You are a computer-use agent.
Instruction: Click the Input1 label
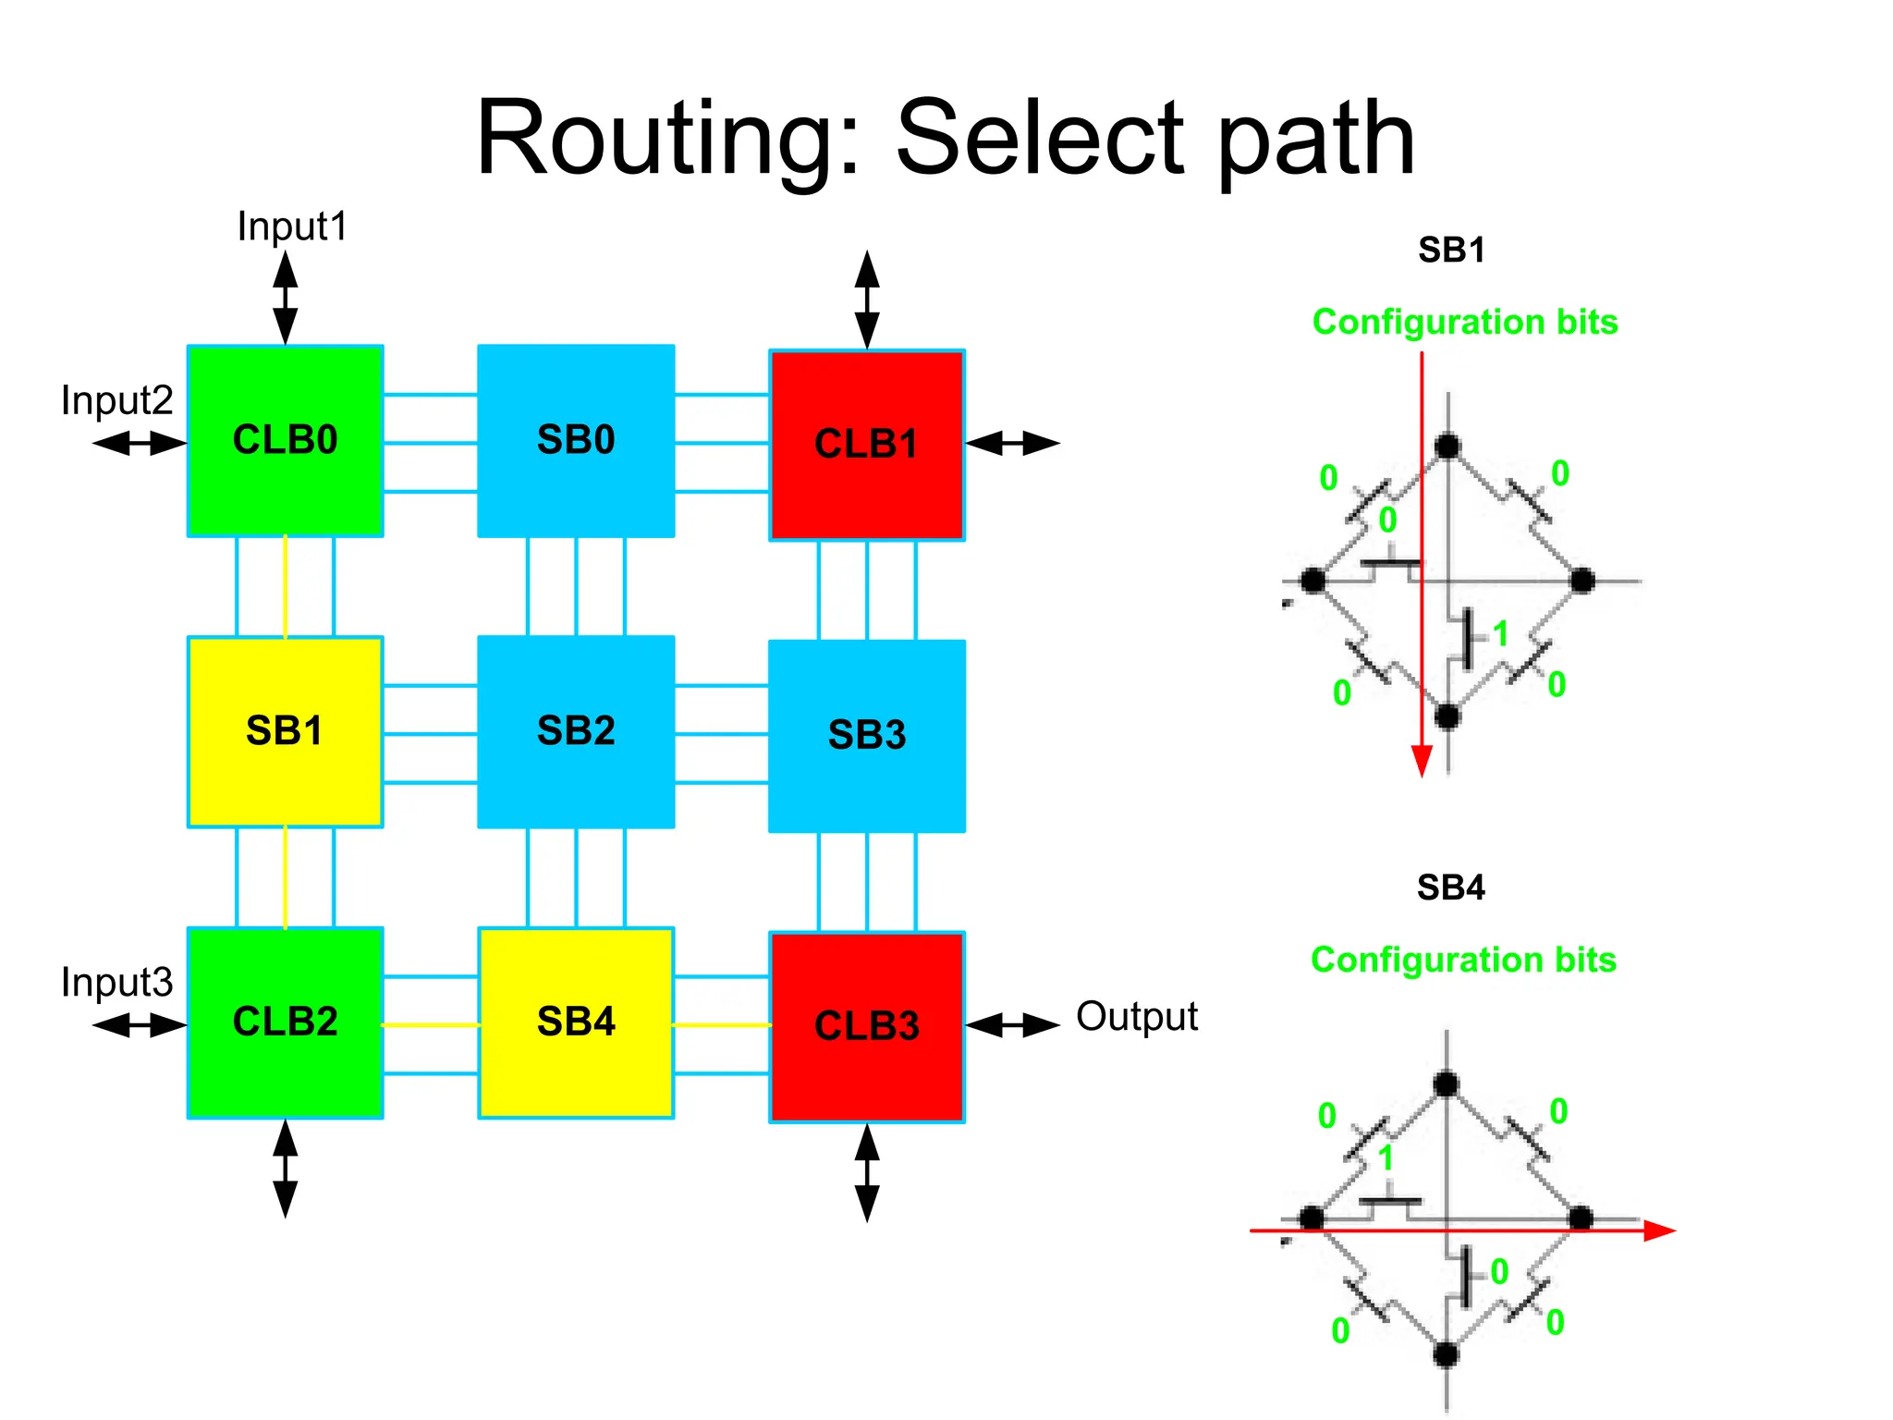tap(292, 226)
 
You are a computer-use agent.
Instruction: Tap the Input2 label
tap(116, 400)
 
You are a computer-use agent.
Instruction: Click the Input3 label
tap(116, 982)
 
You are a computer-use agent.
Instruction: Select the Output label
tap(1136, 1017)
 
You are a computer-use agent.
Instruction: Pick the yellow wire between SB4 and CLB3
tap(721, 1024)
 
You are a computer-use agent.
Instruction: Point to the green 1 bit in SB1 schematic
tap(1500, 634)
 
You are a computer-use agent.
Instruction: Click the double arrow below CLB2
tap(285, 1169)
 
